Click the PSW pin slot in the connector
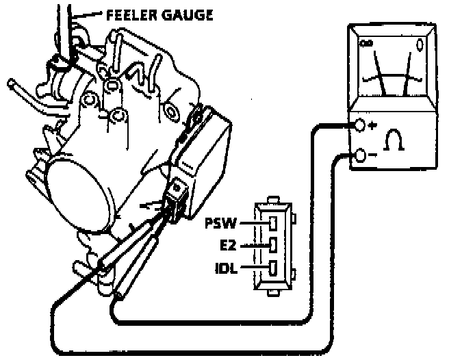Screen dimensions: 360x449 [272, 223]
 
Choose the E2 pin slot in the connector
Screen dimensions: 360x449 [272, 245]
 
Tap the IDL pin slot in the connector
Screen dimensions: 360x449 [272, 268]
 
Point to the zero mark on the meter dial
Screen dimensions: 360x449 [420, 47]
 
